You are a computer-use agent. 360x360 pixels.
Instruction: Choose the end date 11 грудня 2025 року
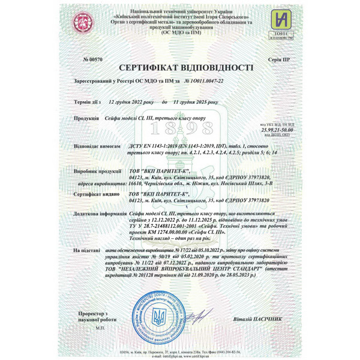[194, 103]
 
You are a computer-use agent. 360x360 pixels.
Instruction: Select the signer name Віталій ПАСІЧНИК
[256, 319]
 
